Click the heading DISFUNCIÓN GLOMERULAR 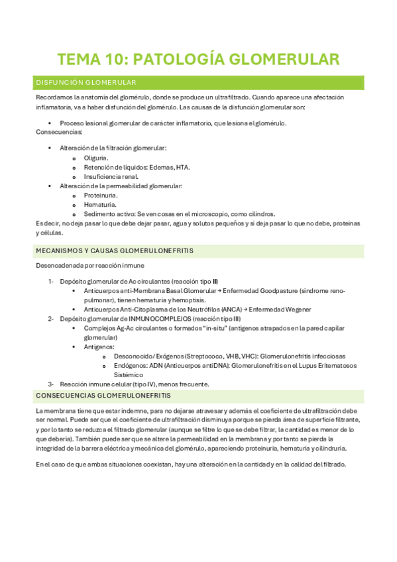(x=85, y=82)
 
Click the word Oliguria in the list (x=96, y=158)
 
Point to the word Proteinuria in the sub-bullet (x=101, y=196)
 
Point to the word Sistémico (x=129, y=374)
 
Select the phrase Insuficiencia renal (x=111, y=176)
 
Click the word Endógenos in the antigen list (x=129, y=365)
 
